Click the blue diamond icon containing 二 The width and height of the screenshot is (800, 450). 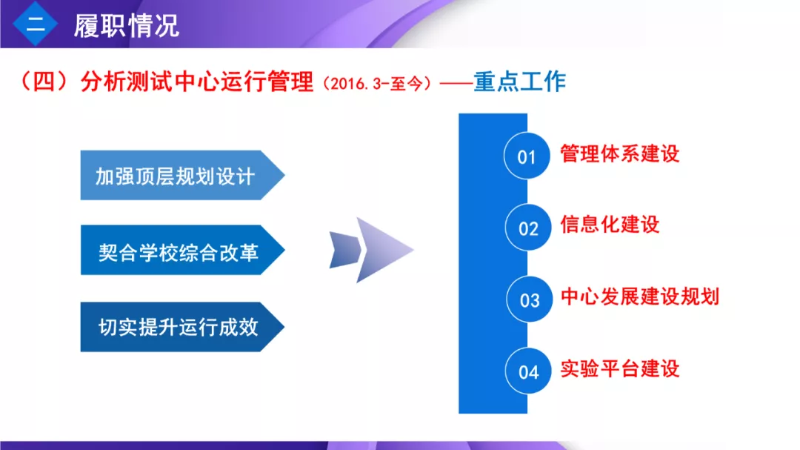click(36, 24)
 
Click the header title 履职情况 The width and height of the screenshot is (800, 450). click(127, 25)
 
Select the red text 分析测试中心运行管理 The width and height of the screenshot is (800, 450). click(197, 82)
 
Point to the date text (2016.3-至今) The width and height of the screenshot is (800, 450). click(377, 83)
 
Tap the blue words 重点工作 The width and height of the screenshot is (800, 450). click(520, 82)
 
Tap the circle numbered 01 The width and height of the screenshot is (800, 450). click(527, 156)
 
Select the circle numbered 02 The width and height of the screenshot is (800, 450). click(528, 228)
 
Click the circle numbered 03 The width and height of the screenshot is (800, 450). click(530, 300)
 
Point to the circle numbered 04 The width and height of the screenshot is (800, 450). click(528, 371)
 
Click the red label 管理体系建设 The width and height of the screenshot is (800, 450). click(620, 153)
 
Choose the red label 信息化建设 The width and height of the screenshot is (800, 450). click(610, 225)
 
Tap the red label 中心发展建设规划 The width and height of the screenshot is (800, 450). click(640, 297)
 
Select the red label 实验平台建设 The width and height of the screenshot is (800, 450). click(620, 368)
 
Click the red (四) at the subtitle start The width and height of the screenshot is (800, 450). click(44, 82)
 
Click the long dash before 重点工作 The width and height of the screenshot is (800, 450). click(456, 83)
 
